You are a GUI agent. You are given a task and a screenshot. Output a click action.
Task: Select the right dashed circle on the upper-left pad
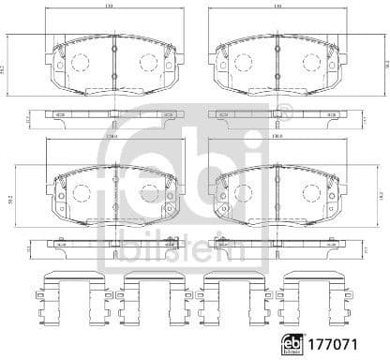coord(146,63)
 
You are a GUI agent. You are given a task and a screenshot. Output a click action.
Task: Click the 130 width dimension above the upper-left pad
coord(113,7)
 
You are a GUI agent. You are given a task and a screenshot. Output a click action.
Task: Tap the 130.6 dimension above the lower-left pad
coord(113,137)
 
